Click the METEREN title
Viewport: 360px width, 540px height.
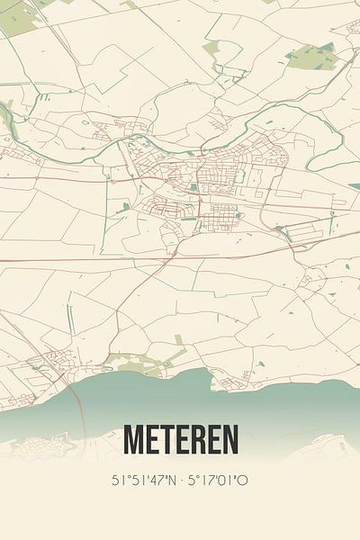180,439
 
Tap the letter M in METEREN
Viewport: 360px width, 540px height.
135,439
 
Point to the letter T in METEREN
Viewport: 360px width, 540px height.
171,439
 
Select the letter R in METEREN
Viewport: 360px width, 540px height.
206,439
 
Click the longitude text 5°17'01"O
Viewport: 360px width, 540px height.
217,480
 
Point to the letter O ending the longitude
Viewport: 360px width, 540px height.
243,480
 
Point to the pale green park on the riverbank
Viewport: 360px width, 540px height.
135,366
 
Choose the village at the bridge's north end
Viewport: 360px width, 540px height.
54,364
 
